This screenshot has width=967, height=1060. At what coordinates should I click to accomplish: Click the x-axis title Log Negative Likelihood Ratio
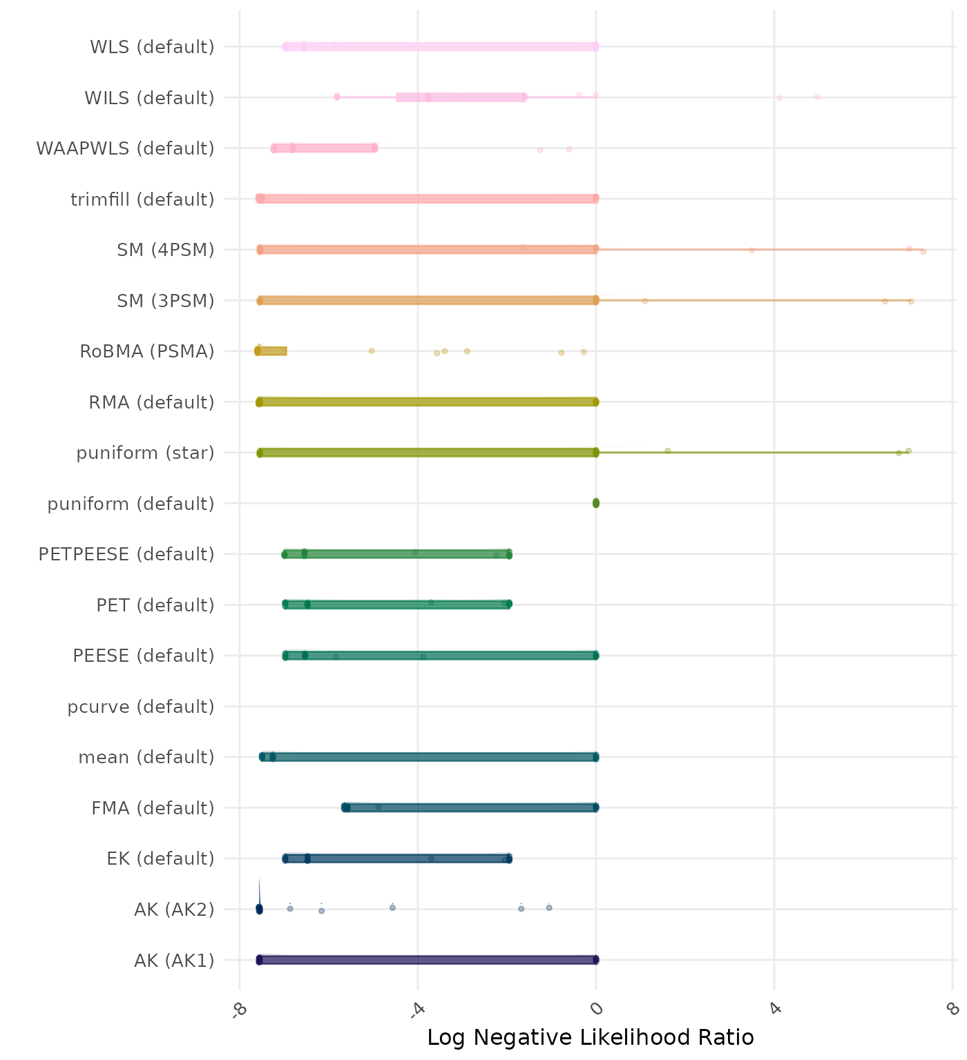591,1037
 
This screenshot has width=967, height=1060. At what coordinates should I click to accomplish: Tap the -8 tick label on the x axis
238,1010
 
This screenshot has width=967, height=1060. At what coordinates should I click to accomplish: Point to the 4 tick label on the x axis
774,1009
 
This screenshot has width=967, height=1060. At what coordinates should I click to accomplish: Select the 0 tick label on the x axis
596,1009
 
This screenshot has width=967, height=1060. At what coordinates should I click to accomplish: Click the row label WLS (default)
152,47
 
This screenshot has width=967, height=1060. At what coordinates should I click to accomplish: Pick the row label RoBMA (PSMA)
146,351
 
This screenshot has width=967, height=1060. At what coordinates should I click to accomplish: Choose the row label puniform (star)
145,453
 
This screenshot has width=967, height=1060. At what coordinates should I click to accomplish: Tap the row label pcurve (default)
141,707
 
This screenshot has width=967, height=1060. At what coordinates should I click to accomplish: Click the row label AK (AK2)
174,910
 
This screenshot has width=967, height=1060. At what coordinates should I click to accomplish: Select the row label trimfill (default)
142,199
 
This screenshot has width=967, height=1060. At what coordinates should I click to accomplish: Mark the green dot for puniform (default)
596,503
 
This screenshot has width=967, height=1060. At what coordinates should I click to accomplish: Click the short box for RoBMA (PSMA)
271,351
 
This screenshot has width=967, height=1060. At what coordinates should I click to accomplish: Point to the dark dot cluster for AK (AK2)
259,909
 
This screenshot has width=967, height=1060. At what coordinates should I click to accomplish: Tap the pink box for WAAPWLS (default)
325,148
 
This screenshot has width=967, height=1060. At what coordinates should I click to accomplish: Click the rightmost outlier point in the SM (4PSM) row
923,251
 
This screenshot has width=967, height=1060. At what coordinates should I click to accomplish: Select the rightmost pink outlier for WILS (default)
817,97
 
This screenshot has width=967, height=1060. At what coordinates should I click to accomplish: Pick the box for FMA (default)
470,807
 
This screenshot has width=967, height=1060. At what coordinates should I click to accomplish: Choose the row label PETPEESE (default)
126,554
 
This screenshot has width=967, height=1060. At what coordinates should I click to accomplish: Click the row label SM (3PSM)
166,301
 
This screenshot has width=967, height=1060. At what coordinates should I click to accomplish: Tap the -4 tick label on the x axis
417,1010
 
